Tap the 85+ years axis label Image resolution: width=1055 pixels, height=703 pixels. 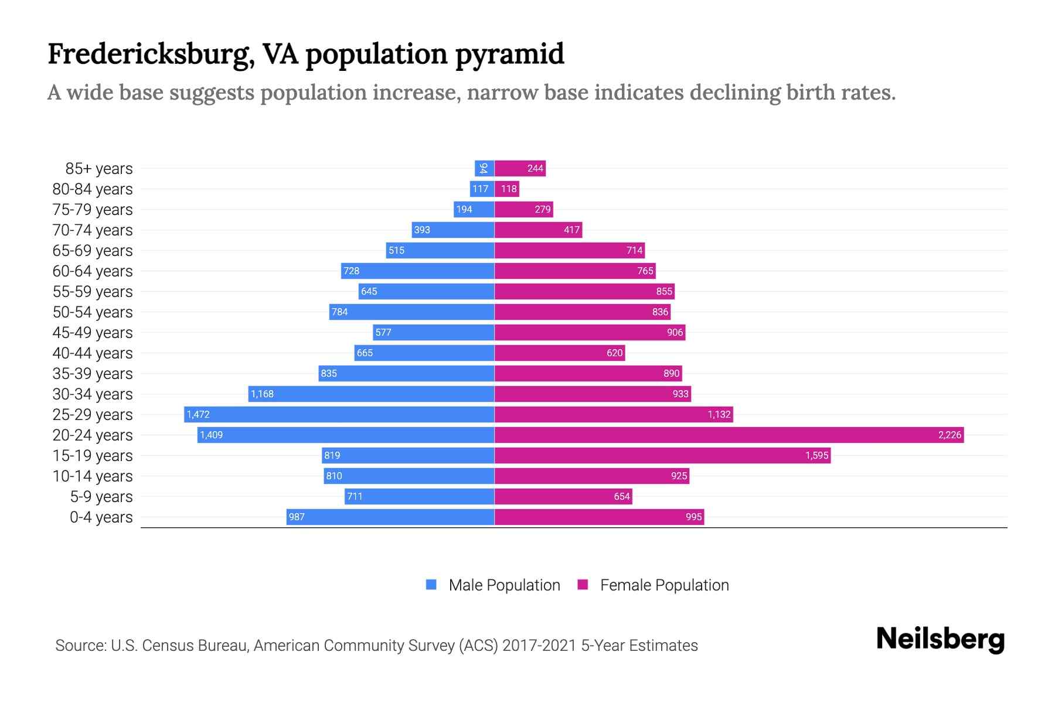tap(98, 169)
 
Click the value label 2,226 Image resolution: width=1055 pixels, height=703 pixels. tap(949, 435)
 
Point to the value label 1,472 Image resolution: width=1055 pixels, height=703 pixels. tap(198, 414)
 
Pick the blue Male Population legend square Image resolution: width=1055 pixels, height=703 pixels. tap(431, 585)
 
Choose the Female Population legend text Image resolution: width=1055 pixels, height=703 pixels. tap(664, 585)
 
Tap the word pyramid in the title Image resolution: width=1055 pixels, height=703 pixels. tap(509, 54)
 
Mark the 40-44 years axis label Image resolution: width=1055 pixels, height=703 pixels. tap(93, 353)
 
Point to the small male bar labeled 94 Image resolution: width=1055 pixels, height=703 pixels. tap(484, 168)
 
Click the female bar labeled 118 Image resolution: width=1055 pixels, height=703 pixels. tap(507, 189)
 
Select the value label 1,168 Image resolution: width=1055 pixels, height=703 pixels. tap(262, 394)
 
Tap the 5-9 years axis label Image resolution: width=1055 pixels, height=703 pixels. tap(101, 497)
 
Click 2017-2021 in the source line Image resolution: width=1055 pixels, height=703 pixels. tap(539, 646)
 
